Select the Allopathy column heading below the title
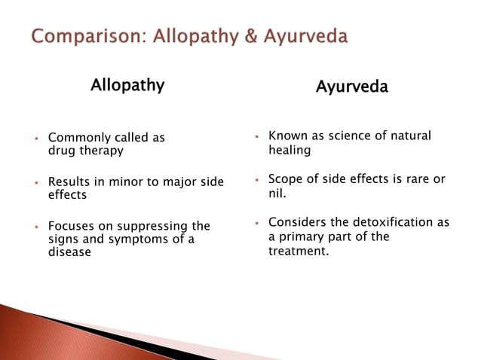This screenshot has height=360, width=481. coord(127,85)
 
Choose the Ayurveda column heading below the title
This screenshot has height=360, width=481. coord(351,87)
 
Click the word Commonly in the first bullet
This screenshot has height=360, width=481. coord(78,138)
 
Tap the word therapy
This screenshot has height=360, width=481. coord(102,151)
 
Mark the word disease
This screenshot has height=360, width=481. coord(69,252)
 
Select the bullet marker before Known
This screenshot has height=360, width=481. coord(257,136)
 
